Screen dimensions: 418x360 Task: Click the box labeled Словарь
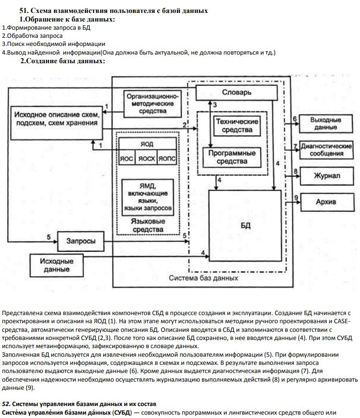pos(236,92)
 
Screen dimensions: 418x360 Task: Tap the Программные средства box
pos(229,157)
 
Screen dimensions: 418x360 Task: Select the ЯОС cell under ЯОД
pos(127,158)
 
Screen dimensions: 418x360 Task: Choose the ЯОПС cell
pos(167,158)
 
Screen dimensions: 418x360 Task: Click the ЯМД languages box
pos(148,195)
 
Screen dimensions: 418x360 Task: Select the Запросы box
pos(80,241)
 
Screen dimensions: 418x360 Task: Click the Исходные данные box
pos(57,265)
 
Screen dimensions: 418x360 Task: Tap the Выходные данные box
pos(325,124)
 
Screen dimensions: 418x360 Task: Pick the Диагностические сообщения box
pos(326,149)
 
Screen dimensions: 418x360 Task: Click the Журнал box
pos(326,176)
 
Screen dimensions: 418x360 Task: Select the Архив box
pos(326,202)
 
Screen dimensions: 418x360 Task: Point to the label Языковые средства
pos(148,226)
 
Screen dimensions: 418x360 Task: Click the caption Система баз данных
pos(204,278)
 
